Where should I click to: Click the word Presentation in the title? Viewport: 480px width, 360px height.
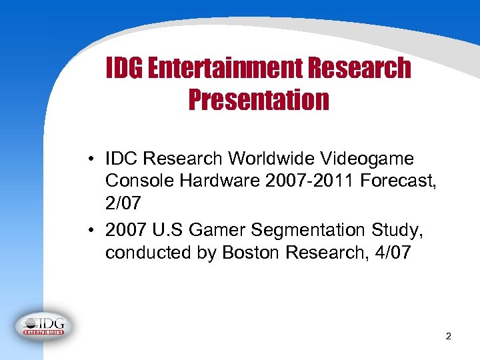(x=259, y=100)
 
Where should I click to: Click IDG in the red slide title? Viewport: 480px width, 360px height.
(x=125, y=67)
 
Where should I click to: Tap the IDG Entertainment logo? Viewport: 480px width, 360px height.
(x=44, y=325)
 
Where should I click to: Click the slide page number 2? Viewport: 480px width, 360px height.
(x=448, y=337)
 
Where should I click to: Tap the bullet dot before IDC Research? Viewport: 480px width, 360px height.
(x=89, y=159)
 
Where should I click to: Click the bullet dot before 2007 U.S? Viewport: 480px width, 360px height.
(x=89, y=231)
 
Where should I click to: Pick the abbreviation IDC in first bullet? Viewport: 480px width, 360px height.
(x=121, y=159)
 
